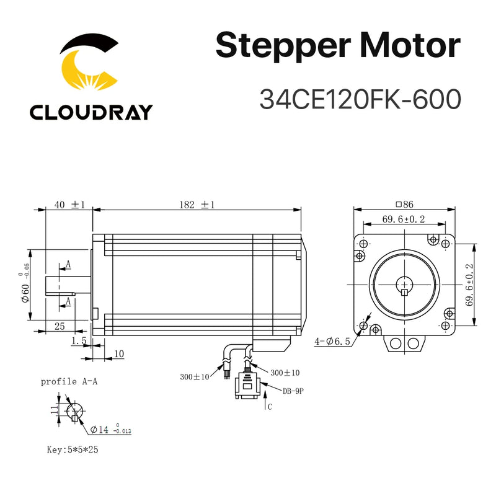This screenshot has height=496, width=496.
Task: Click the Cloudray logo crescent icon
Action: pos(90,65)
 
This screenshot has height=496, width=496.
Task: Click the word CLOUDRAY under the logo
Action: pos(91,112)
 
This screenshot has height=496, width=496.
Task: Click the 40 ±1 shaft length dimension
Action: pos(69,205)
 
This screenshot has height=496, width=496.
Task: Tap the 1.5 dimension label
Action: pos(79,340)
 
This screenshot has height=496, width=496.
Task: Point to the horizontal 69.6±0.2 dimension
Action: pos(404,219)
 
